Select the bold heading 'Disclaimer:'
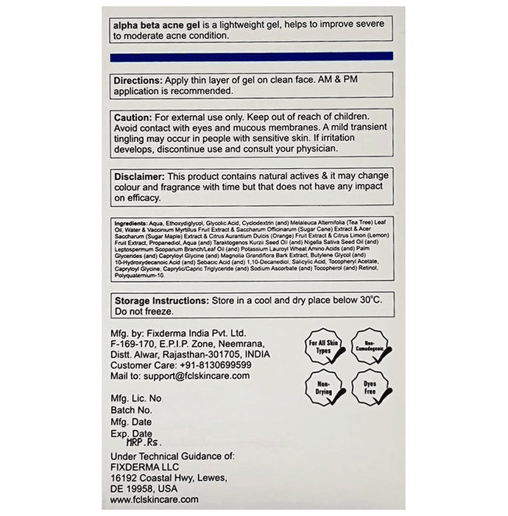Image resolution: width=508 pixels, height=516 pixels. [141, 176]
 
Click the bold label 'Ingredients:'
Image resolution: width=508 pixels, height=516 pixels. [130, 223]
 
